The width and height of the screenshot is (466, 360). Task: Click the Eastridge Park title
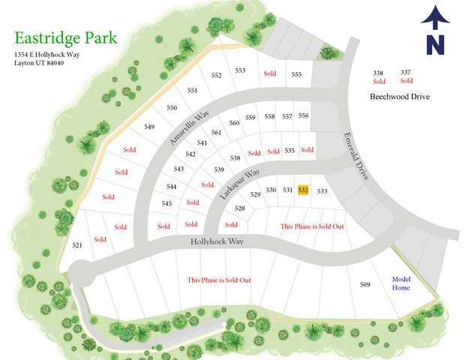[65, 38]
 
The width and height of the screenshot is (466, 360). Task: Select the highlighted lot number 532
[303, 190]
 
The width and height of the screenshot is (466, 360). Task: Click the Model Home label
[401, 283]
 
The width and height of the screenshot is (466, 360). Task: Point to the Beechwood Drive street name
[400, 97]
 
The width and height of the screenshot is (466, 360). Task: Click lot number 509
[365, 284]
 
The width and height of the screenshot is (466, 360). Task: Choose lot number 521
[77, 245]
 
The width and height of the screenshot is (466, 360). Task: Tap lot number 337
[405, 72]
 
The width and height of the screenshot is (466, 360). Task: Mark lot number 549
[149, 127]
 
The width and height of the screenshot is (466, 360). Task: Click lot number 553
[240, 70]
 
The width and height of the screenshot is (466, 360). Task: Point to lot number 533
[323, 191]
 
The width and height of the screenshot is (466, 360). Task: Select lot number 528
[240, 208]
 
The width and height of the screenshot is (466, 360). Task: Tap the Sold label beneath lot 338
[379, 81]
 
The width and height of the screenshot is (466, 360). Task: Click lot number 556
[303, 115]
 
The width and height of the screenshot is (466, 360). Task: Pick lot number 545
[167, 203]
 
